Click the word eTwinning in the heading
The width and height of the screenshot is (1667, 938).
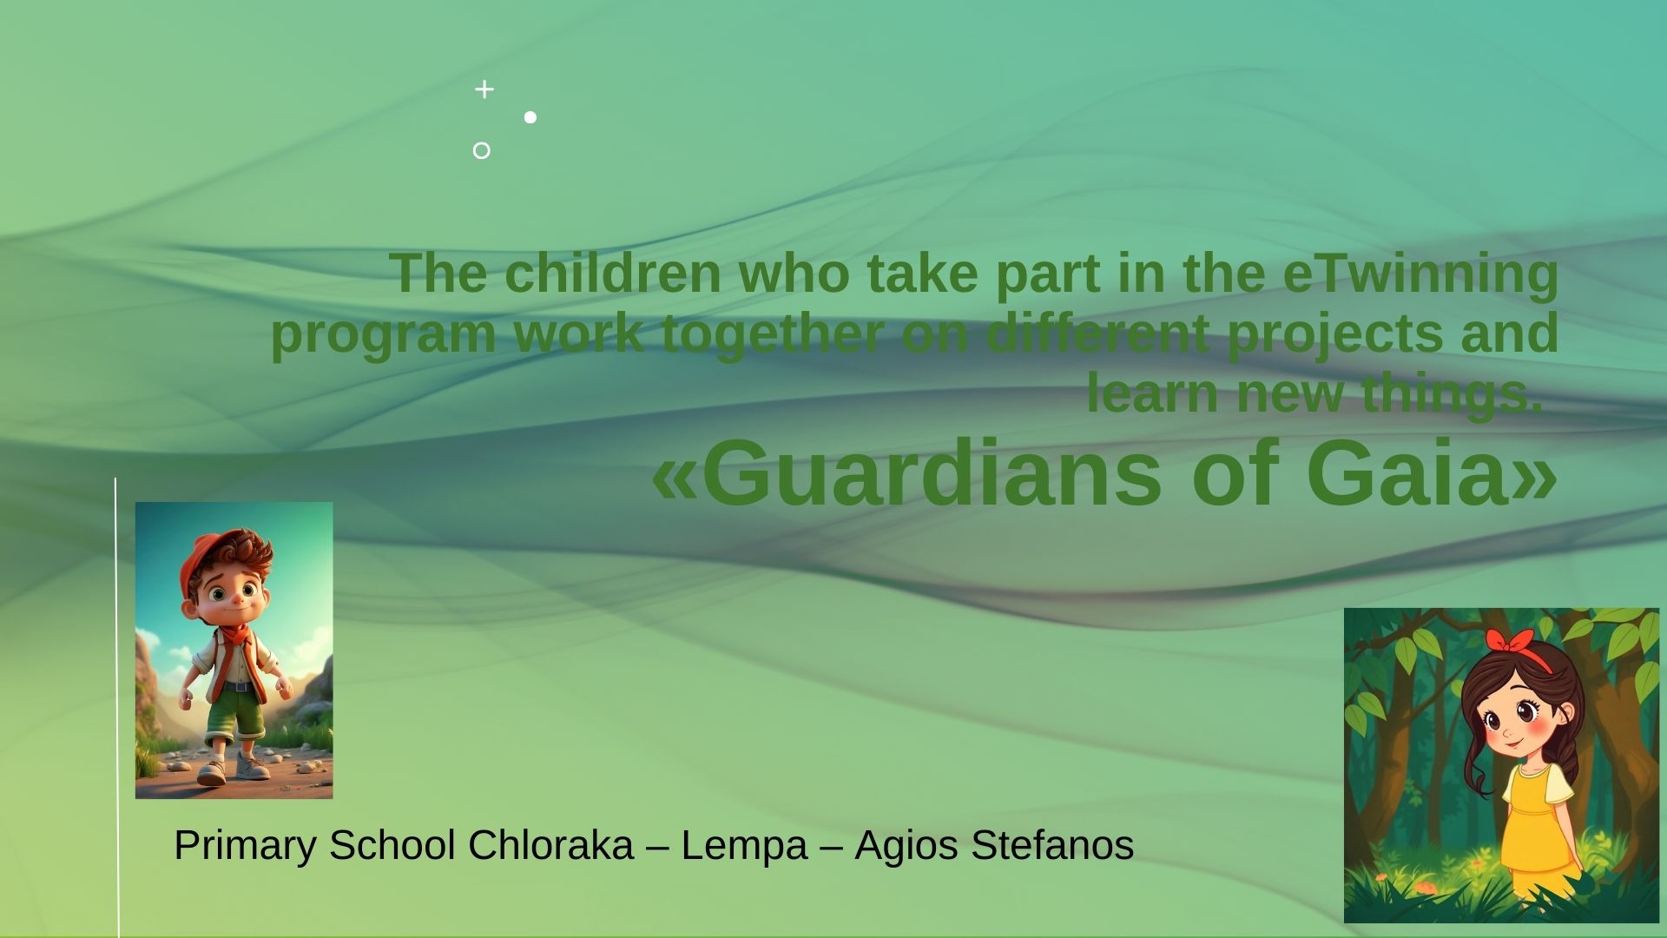pos(1420,274)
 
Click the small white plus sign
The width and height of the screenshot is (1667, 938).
pos(484,89)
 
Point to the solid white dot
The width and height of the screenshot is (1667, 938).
pos(530,117)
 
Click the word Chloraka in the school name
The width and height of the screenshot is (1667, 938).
pos(550,845)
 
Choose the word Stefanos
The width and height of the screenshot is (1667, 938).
pos(1052,845)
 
